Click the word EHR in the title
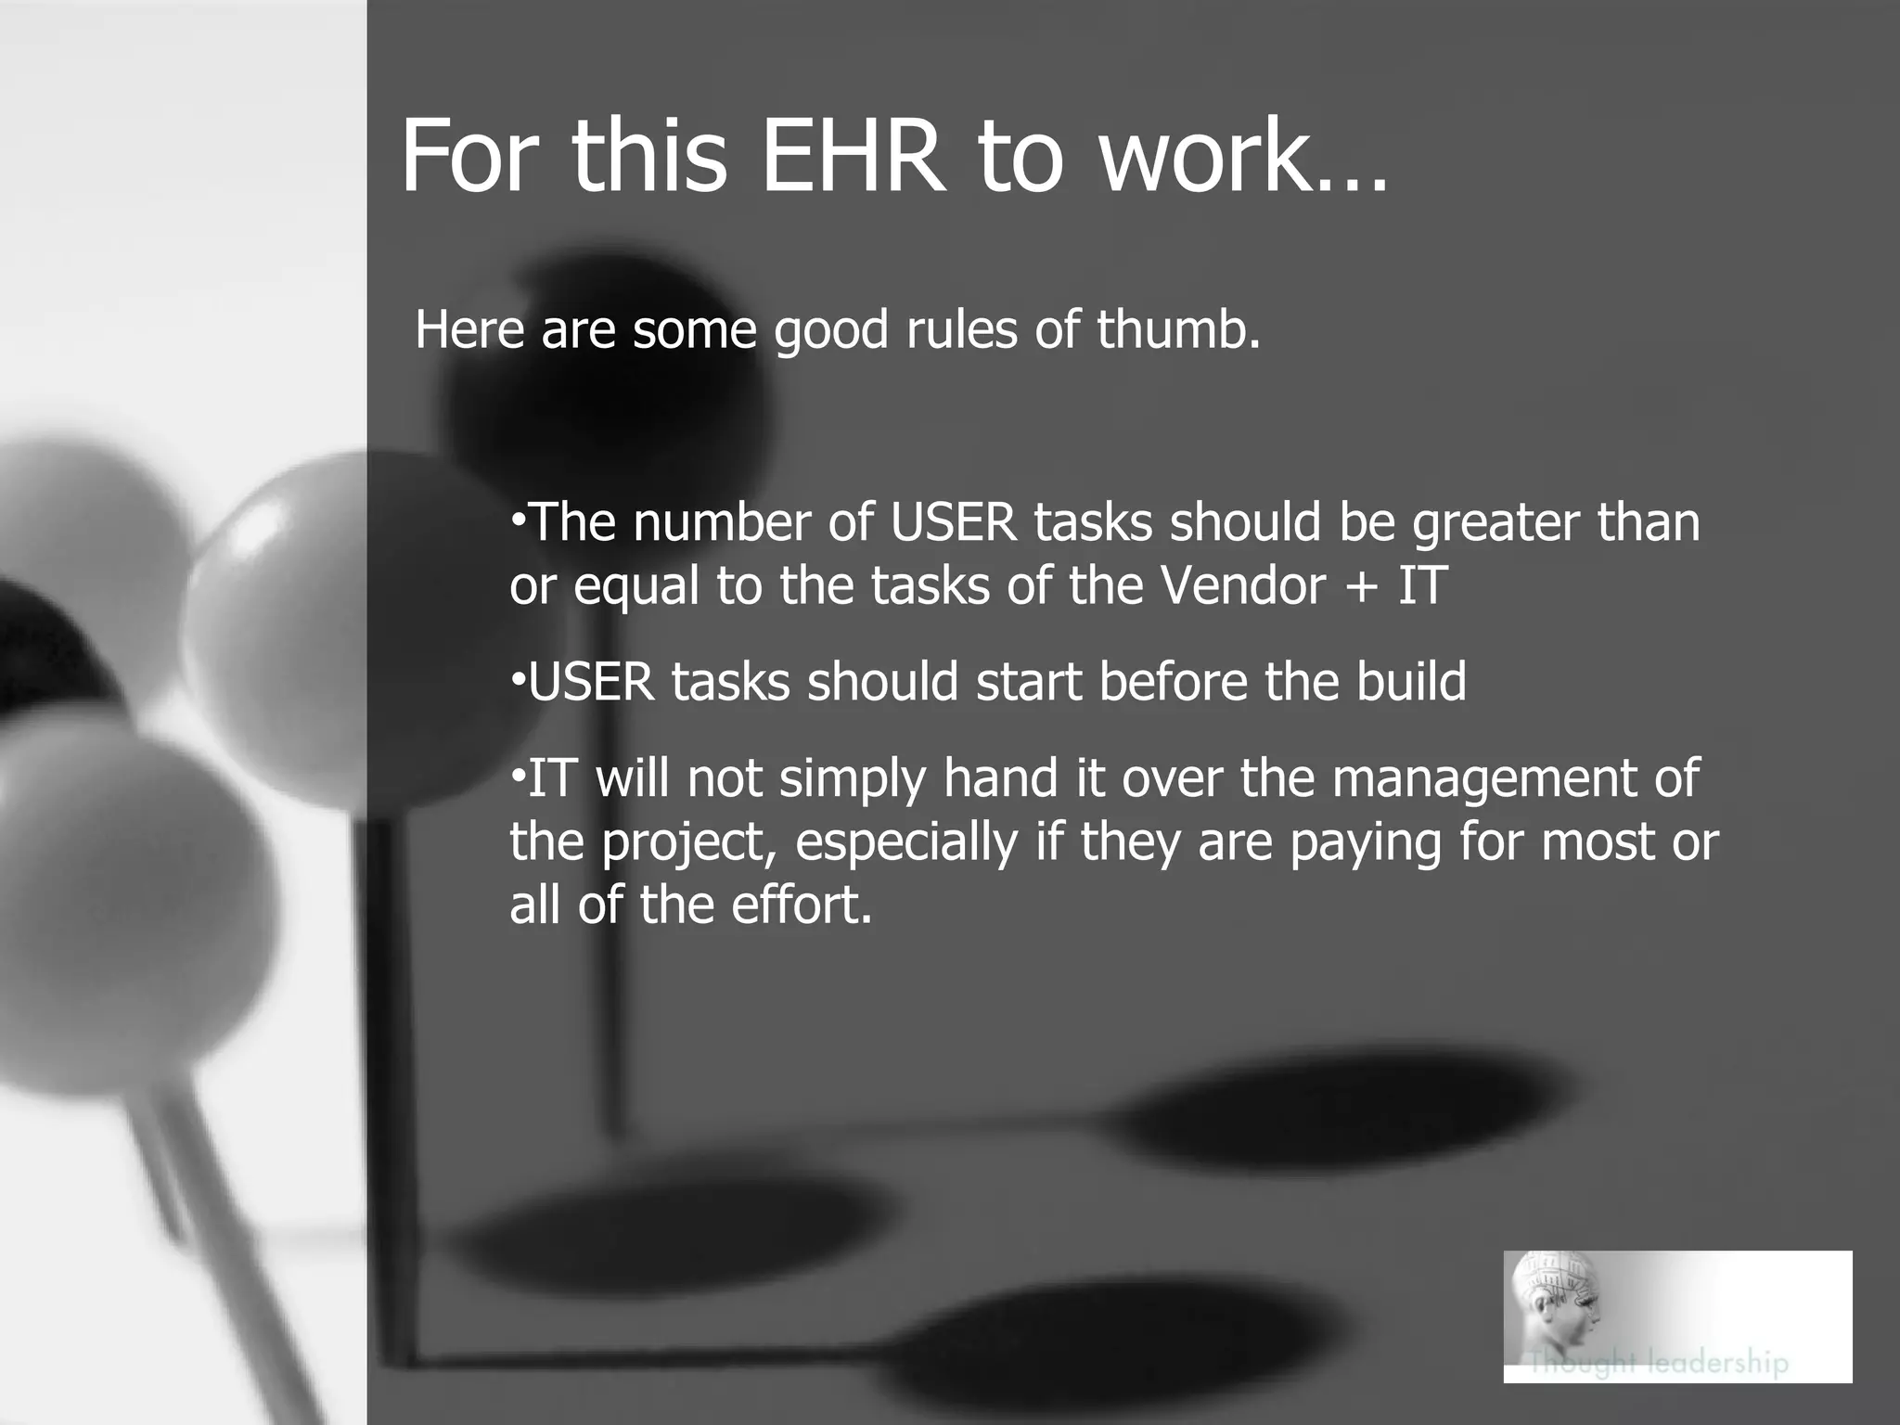(x=850, y=156)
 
